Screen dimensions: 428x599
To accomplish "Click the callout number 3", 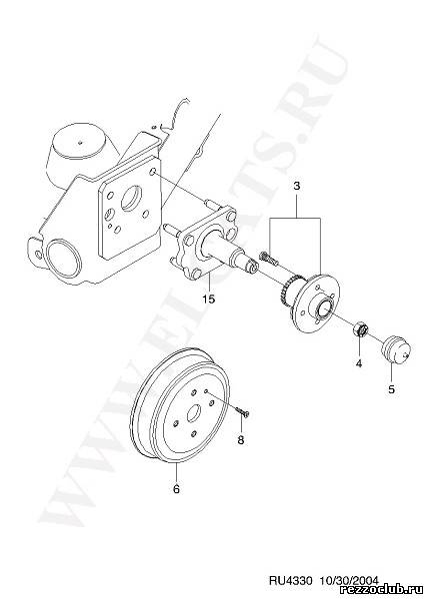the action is pyautogui.click(x=297, y=187).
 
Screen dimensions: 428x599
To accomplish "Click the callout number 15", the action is pyautogui.click(x=209, y=299).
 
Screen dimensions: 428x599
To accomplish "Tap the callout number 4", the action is pyautogui.click(x=359, y=363).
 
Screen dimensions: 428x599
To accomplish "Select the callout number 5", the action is pyautogui.click(x=391, y=389).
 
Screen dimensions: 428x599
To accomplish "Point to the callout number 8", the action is pyautogui.click(x=241, y=440).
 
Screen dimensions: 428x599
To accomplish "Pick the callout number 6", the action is pyautogui.click(x=176, y=488).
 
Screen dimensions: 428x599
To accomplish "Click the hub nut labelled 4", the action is pyautogui.click(x=360, y=329).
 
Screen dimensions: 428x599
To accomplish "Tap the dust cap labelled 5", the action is pyautogui.click(x=397, y=350).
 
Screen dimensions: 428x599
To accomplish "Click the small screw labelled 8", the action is pyautogui.click(x=242, y=411).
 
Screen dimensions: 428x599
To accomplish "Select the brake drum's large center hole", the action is pyautogui.click(x=194, y=412).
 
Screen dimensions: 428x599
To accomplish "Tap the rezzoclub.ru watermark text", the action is pyautogui.click(x=383, y=591).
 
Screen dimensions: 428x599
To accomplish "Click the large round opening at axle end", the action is pyautogui.click(x=63, y=259).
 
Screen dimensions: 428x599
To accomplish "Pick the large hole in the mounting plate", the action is pyautogui.click(x=130, y=198).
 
